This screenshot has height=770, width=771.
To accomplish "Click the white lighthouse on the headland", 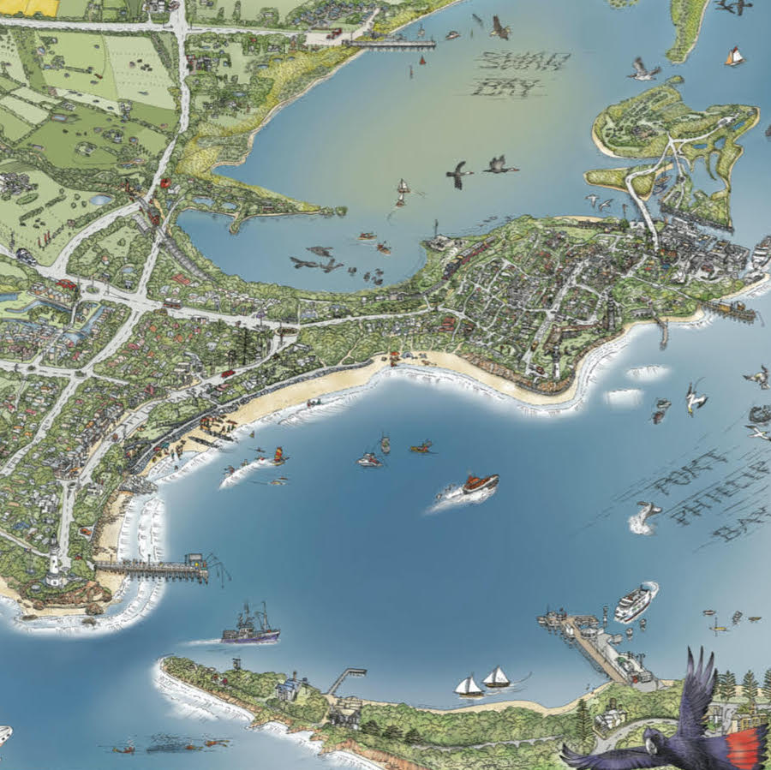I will coord(56,566).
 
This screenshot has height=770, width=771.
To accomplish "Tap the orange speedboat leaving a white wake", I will coord(479,484).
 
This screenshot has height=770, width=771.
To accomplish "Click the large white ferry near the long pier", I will coord(635,601).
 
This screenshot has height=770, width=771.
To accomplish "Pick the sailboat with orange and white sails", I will coord(734,57).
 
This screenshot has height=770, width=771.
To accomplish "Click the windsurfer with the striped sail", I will coord(278,455).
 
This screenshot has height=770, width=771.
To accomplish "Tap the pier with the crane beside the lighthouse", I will coord(154,567).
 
